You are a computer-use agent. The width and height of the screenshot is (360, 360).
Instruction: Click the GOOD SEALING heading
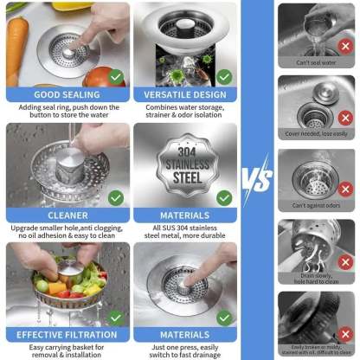(x=67, y=94)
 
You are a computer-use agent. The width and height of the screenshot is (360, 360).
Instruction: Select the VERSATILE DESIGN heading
(x=184, y=94)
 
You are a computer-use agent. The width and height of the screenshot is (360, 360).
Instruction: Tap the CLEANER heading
(x=67, y=215)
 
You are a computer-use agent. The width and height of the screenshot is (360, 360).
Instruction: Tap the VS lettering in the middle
(x=256, y=179)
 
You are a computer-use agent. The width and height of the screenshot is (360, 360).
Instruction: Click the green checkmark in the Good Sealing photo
(x=115, y=76)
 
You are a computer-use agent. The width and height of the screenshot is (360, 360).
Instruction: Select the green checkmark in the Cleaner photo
(x=115, y=197)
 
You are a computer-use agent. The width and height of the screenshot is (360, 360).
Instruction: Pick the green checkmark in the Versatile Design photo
(x=224, y=76)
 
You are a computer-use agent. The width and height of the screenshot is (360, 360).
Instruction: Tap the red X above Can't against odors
(x=344, y=188)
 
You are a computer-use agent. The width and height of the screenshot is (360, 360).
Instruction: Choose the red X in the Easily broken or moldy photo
(x=344, y=331)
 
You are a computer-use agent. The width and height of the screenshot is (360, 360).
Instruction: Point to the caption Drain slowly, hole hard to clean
(x=316, y=277)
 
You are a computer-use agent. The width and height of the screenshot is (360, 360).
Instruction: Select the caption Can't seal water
(x=316, y=62)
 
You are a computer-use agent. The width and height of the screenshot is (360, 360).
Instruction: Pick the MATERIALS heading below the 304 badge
(x=184, y=215)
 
